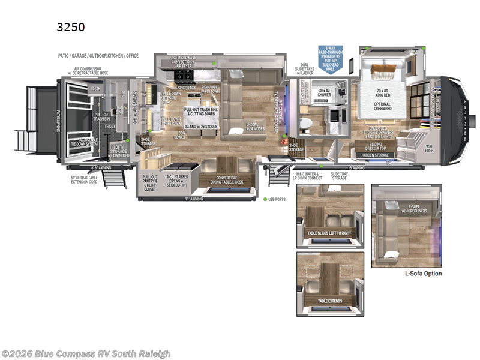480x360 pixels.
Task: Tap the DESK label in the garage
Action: [97, 88]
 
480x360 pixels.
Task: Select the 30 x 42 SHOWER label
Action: [325, 92]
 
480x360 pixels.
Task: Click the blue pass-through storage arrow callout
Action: [334, 59]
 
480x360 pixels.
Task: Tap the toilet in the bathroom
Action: [305, 123]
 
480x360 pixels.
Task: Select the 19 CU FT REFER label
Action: [178, 180]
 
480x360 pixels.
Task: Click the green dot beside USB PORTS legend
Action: [265, 199]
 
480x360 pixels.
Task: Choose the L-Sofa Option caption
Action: [423, 274]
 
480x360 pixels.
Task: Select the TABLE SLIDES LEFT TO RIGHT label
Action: [329, 233]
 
